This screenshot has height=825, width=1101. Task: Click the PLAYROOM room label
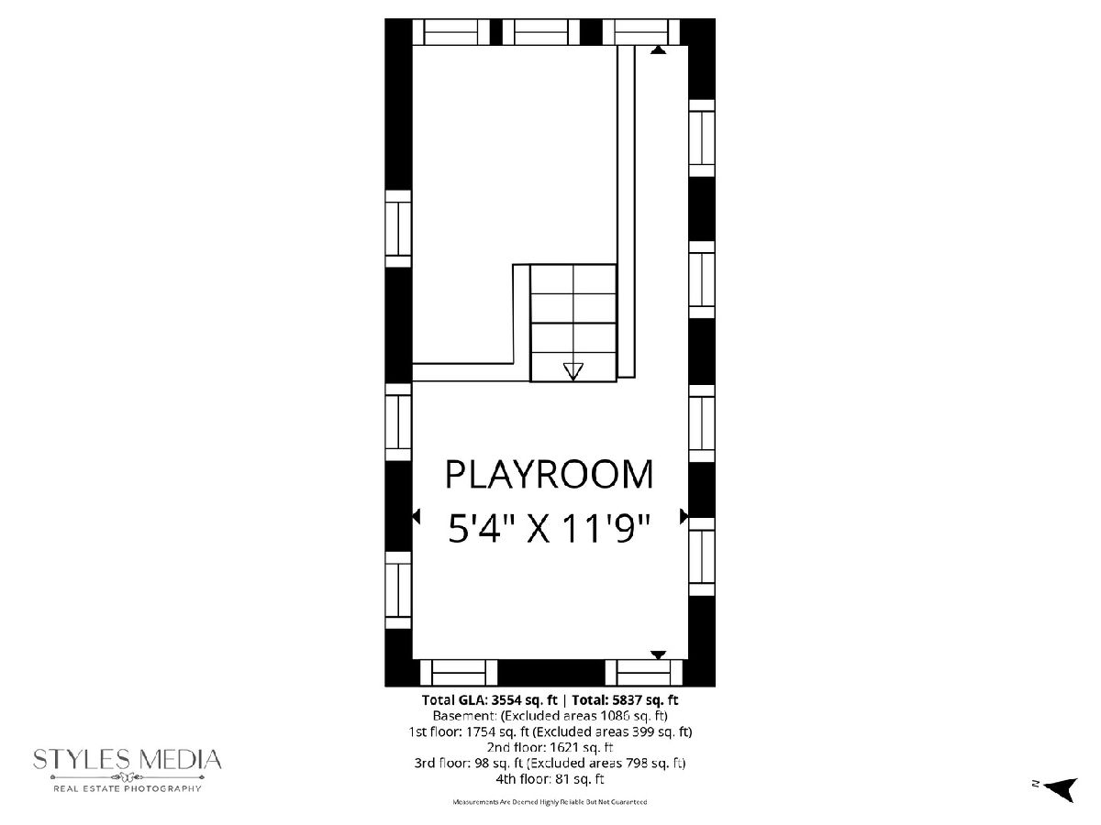coord(549,474)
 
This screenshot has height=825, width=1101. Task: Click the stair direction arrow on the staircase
coord(573,371)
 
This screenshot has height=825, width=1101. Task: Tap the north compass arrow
coord(1061,790)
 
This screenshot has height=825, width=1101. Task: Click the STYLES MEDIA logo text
coord(127,759)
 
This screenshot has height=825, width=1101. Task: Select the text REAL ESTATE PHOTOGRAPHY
coord(127,789)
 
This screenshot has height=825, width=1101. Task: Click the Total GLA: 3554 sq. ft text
coord(490,700)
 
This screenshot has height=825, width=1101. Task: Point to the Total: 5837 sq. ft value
coord(625,700)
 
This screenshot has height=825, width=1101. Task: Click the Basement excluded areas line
coord(550,716)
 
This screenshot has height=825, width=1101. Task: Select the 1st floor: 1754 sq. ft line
coord(550,731)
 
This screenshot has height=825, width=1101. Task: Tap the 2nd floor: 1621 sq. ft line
coord(550,747)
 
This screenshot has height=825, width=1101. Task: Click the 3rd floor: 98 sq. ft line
coord(550,763)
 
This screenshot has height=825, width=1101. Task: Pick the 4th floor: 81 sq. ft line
coord(550,779)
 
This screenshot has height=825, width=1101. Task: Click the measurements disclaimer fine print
coord(550,802)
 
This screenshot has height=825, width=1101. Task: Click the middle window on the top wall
coord(540,32)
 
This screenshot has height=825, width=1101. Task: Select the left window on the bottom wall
coord(459,673)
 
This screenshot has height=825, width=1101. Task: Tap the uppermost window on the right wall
coord(702,137)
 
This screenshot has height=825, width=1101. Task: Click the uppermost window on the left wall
coord(398,228)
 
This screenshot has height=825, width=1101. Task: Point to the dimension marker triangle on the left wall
coord(416,516)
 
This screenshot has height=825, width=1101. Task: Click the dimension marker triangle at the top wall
coord(658,49)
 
